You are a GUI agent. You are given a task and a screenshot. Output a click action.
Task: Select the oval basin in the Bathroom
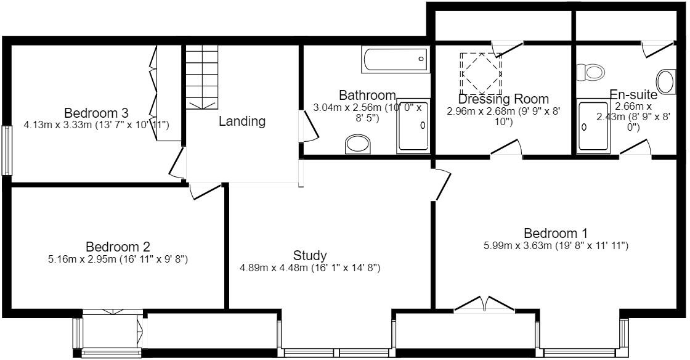point(360,145)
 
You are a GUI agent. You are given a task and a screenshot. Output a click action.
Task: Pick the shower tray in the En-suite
point(593,128)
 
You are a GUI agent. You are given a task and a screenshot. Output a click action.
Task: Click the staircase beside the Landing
point(202,77)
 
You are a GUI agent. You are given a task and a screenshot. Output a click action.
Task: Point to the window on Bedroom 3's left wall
point(6,150)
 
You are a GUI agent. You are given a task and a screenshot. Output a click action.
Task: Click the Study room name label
point(310,255)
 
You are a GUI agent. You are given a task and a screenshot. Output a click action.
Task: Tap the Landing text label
point(242,121)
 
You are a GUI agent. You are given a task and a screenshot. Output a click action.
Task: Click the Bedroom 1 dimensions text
point(556,246)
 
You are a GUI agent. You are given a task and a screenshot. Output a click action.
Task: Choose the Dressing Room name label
point(503,99)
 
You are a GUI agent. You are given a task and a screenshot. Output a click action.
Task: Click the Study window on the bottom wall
point(336,353)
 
